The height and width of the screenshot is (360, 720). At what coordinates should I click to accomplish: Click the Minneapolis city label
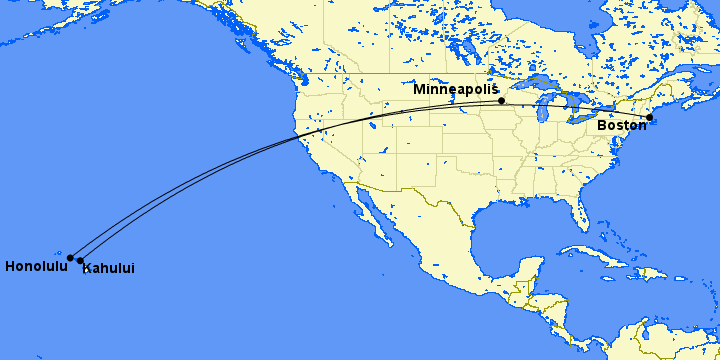pos(455,90)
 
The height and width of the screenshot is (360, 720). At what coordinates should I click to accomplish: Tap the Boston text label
pos(622,126)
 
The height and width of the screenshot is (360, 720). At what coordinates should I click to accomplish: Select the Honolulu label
pos(36,267)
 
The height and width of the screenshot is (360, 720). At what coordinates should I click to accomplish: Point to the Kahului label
pos(108,268)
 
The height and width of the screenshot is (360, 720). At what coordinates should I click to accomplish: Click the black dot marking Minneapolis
pos(501,101)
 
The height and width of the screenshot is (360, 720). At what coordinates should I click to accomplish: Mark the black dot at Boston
pos(649,117)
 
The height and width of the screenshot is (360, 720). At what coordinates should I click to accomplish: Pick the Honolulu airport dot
pos(70,258)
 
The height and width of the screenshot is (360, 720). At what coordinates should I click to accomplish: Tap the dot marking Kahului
pos(80,261)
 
